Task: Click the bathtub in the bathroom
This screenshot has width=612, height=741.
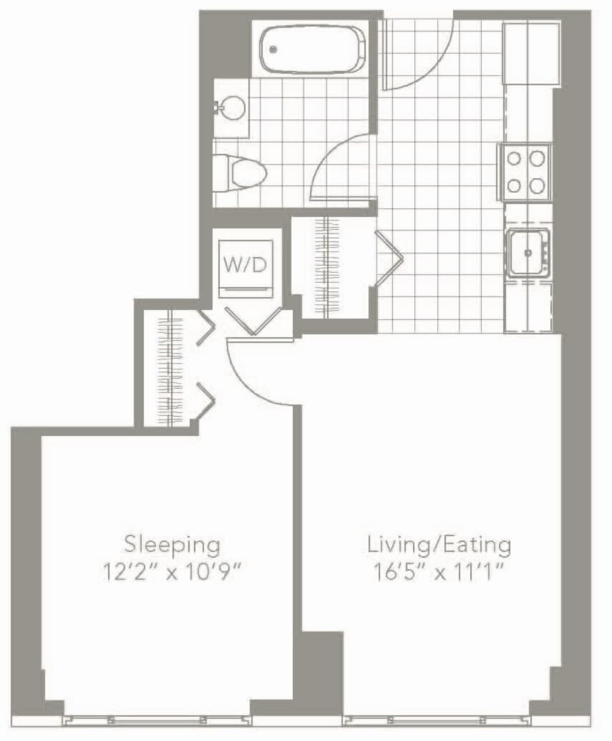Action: click(x=313, y=49)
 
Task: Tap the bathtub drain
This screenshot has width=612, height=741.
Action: click(x=273, y=49)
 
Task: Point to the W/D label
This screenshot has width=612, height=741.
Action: click(x=246, y=265)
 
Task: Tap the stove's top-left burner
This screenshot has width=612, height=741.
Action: click(x=514, y=158)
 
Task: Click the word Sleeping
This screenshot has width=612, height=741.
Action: click(x=172, y=546)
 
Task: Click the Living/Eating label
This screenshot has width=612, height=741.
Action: click(x=439, y=546)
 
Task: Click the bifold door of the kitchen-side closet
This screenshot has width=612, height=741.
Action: click(x=389, y=258)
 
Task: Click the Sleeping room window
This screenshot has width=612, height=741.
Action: click(x=157, y=721)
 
